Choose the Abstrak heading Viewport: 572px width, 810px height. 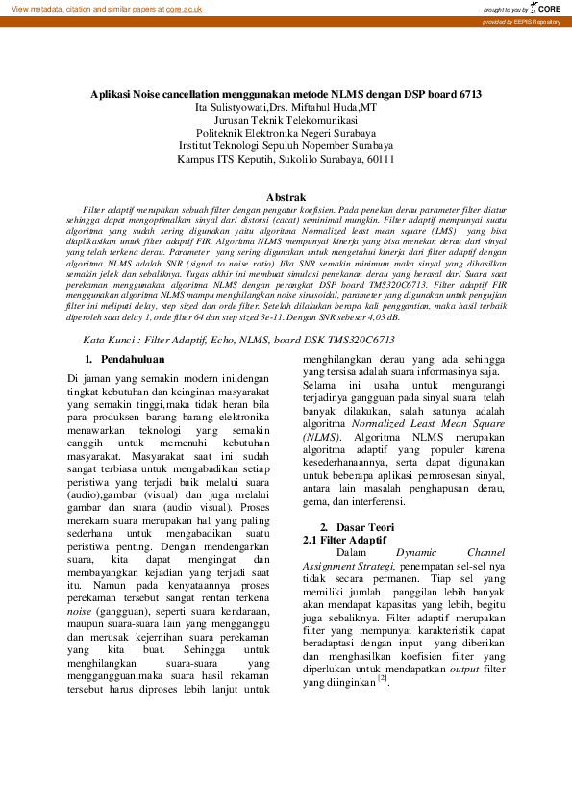point(286,196)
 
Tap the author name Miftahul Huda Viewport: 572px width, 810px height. point(317,108)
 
